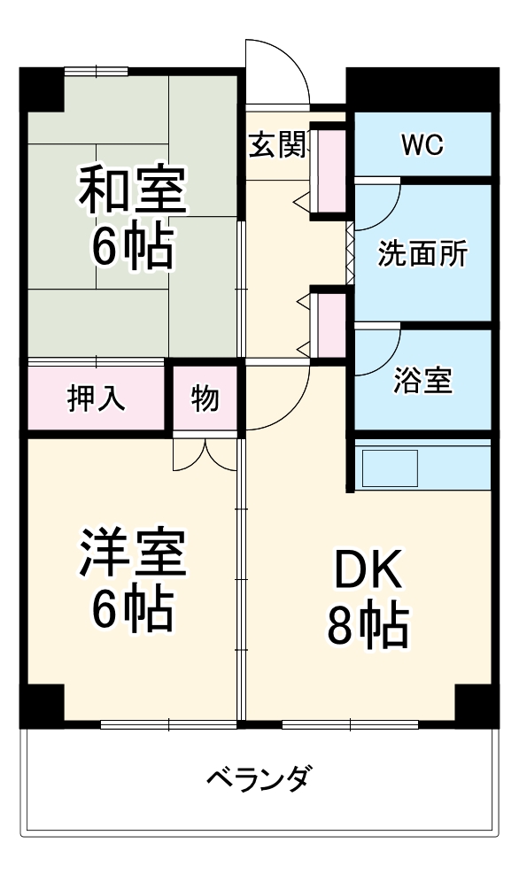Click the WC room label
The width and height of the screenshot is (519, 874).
[x=422, y=145]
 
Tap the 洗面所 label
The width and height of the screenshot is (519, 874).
[x=422, y=254]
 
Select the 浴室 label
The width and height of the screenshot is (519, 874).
[x=422, y=382]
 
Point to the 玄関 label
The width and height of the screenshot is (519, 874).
[x=276, y=144]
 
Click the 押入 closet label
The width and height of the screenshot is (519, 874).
[x=97, y=399]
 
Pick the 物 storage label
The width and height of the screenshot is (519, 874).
[x=205, y=399]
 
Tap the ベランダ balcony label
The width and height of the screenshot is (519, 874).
[x=259, y=778]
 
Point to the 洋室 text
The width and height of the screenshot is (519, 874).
[x=133, y=553]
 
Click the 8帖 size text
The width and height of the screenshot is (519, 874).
[x=367, y=626]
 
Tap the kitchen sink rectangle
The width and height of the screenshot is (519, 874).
[x=389, y=467]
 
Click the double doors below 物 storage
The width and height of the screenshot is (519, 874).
[x=205, y=453]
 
